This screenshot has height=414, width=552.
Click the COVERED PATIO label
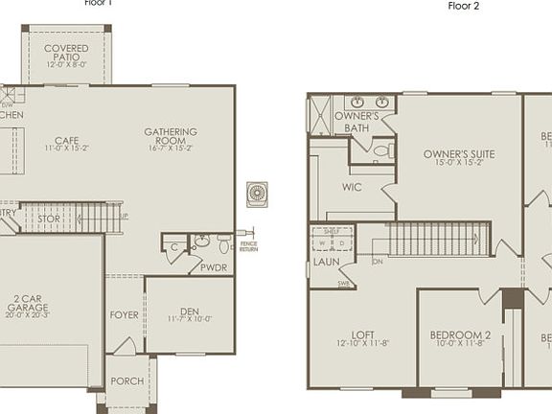66,48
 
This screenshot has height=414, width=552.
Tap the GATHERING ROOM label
171,132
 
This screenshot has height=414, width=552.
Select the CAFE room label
66,140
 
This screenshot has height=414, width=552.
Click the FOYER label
124,313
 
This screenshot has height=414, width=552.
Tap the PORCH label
127,381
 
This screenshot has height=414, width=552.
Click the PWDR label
214,267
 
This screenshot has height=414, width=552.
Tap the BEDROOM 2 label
460,334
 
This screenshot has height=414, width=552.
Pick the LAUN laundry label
327,261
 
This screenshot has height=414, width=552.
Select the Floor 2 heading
463,6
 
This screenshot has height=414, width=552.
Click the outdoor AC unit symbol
257,193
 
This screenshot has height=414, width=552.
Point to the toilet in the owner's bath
380,151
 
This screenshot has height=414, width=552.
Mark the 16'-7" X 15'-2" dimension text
171,149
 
